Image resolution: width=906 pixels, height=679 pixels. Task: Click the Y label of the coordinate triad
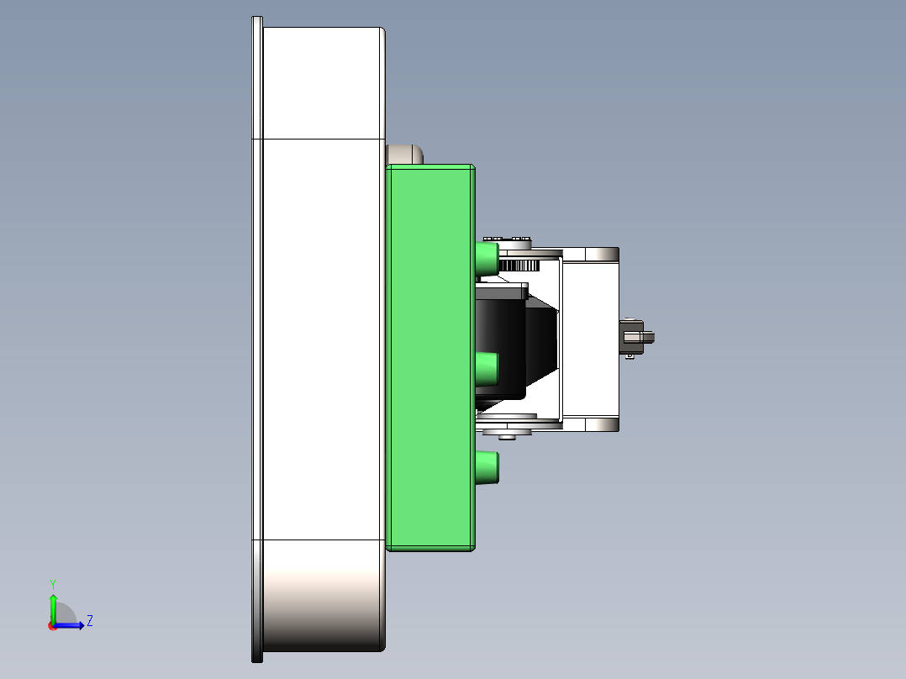[52, 583]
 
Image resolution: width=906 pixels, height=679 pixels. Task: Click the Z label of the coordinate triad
[89, 621]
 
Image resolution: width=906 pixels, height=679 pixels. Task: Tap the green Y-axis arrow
[53, 607]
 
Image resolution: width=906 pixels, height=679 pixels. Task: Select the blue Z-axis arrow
[72, 625]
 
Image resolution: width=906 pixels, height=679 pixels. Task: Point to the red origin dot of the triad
[52, 626]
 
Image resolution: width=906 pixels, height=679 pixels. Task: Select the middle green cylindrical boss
[487, 367]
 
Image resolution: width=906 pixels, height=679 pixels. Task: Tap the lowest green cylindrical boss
[487, 467]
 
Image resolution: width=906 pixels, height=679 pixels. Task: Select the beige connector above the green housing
[404, 154]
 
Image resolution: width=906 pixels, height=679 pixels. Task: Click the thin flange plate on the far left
[257, 336]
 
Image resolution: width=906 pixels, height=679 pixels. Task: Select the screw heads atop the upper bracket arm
[509, 239]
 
